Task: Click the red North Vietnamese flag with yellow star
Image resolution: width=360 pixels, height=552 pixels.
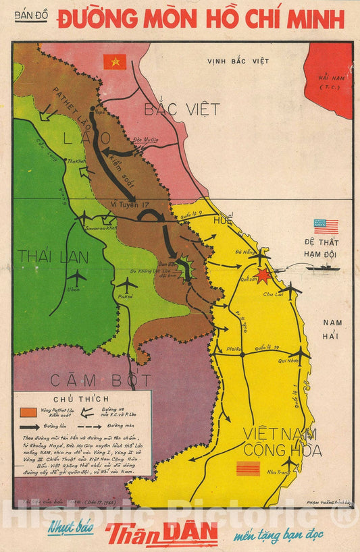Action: tap(115, 62)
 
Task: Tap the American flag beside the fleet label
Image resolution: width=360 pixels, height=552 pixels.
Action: tap(326, 226)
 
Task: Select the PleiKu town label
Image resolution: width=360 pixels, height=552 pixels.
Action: tap(235, 349)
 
